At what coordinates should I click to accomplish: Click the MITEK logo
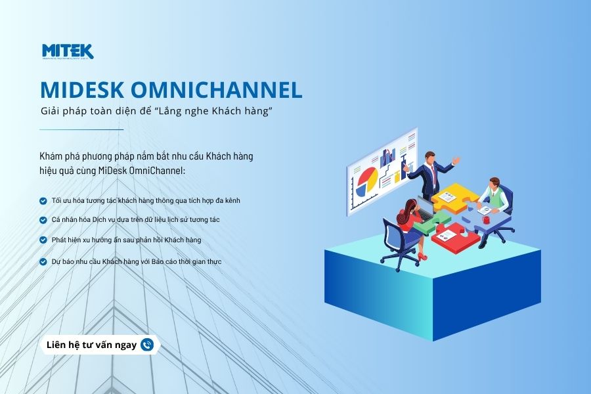pos(68,51)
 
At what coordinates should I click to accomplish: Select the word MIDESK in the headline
pos(82,90)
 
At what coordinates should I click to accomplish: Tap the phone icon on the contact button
pos(147,345)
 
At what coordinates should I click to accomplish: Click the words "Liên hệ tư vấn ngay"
pos(91,345)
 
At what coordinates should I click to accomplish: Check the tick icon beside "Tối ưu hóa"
pos(43,200)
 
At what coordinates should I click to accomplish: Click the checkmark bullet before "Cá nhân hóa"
pos(43,220)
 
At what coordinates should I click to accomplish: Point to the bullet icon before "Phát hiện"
pos(43,240)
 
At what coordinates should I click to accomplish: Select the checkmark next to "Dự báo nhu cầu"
pos(43,261)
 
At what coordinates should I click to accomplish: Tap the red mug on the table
pos(486,219)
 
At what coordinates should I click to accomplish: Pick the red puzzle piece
pos(455,238)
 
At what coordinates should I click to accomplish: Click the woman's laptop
pos(425,209)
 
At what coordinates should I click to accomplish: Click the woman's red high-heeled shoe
pos(422,258)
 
